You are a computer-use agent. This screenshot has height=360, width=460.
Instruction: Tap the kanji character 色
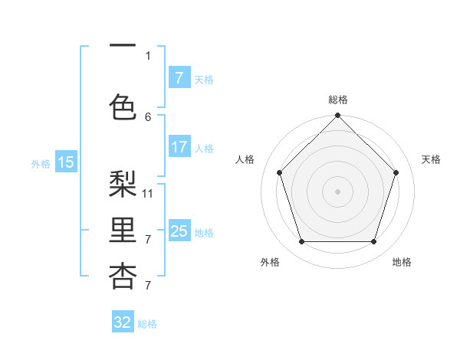tap(123, 105)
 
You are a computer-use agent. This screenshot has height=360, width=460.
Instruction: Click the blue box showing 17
tap(179, 147)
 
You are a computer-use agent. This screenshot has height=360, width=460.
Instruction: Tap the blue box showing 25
tap(179, 231)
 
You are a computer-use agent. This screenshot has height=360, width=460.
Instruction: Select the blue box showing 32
tap(123, 322)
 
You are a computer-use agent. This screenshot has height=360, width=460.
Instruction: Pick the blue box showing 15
tap(66, 162)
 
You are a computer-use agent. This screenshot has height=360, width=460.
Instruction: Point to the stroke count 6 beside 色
tap(148, 116)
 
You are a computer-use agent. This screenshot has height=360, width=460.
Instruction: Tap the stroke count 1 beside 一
tap(148, 55)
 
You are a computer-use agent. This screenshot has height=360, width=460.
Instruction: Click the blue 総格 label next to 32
tap(147, 324)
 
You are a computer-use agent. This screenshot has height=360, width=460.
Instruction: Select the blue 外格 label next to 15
tap(41, 163)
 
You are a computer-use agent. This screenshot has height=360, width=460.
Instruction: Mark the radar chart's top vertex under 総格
tap(337, 116)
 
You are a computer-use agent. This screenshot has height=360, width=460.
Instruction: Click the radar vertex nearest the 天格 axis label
tap(396, 172)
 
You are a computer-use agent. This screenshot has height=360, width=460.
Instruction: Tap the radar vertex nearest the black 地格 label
tap(374, 242)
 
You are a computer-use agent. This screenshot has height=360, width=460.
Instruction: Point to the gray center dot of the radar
tap(337, 191)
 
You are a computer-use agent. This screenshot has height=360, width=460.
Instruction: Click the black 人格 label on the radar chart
tap(245, 159)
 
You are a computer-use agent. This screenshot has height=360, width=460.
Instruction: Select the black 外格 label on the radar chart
tap(270, 262)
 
